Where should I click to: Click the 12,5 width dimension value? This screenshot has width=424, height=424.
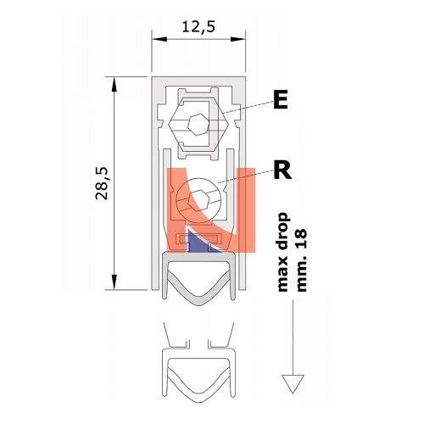tap(198, 27)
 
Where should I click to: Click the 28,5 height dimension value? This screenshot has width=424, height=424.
tap(102, 184)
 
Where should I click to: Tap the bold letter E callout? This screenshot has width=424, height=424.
tap(281, 99)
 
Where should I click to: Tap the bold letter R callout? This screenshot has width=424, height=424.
tap(282, 170)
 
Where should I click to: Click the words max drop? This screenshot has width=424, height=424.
tap(282, 252)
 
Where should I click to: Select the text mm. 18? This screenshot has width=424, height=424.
tap(301, 260)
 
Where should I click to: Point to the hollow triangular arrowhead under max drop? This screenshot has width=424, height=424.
tap(293, 384)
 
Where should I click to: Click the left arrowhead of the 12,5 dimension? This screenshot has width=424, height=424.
tap(159, 39)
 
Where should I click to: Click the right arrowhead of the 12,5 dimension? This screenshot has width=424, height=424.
tap(237, 39)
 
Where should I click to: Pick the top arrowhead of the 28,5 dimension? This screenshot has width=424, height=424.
tap(114, 84)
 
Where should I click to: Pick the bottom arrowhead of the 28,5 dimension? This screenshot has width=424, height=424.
tap(114, 282)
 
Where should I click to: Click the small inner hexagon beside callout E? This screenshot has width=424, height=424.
tap(198, 125)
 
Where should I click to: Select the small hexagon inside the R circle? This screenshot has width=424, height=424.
tap(199, 200)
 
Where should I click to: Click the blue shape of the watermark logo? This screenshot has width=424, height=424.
tap(199, 242)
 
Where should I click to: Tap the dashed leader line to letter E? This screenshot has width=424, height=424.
tap(248, 107)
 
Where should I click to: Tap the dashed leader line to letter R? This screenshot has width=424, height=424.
tap(245, 176)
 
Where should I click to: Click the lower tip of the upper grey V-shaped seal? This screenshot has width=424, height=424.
tap(198, 305)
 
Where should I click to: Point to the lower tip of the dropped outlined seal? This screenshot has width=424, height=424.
tap(198, 402)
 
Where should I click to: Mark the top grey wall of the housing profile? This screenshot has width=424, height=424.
tap(198, 80)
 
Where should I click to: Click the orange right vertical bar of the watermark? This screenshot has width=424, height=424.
tap(247, 209)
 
